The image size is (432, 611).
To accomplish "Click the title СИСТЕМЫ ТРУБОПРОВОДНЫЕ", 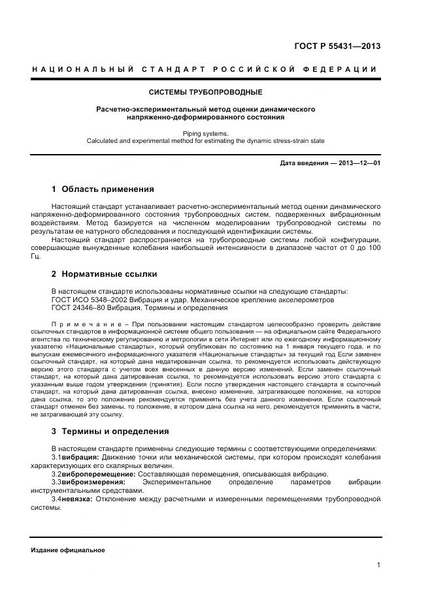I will click(x=206, y=92).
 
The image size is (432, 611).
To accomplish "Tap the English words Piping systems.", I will click(x=206, y=133).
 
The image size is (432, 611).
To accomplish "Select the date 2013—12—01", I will click(x=359, y=163).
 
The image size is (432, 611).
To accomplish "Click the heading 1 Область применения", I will click(x=103, y=189).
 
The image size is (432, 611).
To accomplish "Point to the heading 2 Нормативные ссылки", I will click(x=104, y=274).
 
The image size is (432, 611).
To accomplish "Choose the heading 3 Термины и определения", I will click(x=110, y=431).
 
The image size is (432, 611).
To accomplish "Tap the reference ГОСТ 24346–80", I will click(x=76, y=307).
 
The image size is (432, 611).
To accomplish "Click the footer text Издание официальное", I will click(x=68, y=550).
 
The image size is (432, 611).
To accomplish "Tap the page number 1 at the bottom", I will click(x=378, y=565).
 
